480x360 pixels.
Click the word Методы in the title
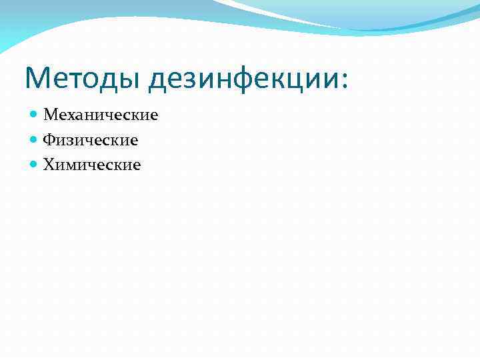point(83,79)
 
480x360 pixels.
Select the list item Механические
point(101,115)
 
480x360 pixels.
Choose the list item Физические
point(91,140)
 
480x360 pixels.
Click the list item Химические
point(92,164)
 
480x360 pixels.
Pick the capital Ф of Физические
point(49,140)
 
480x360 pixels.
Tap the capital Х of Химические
point(49,164)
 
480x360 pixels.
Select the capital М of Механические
point(51,115)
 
